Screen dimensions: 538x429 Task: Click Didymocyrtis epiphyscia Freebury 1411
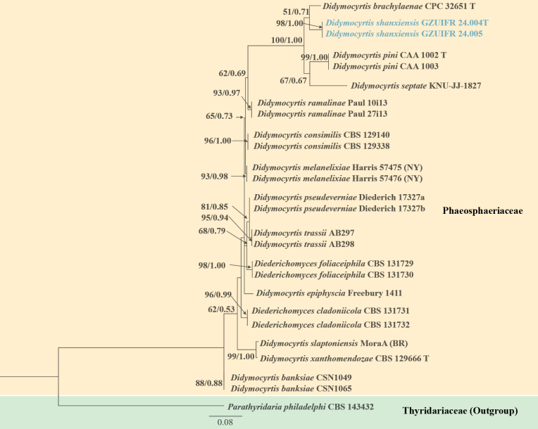tap(323, 293)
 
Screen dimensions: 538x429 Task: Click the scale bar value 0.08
tap(225, 422)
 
